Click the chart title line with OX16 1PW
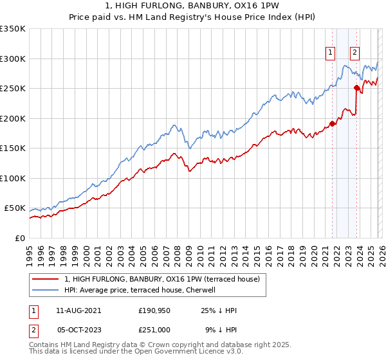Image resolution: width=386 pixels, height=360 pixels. (192, 7)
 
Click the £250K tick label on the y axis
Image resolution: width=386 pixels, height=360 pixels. (13, 88)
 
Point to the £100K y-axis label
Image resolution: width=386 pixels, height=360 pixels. (13, 178)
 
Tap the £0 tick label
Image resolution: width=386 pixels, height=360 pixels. (19, 238)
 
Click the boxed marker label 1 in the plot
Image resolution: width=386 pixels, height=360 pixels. (331, 53)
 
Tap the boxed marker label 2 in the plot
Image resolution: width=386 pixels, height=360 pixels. (354, 53)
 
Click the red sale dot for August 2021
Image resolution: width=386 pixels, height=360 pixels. (332, 123)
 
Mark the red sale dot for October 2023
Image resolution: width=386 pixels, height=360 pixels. (356, 87)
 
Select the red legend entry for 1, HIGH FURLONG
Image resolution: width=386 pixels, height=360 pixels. (161, 279)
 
